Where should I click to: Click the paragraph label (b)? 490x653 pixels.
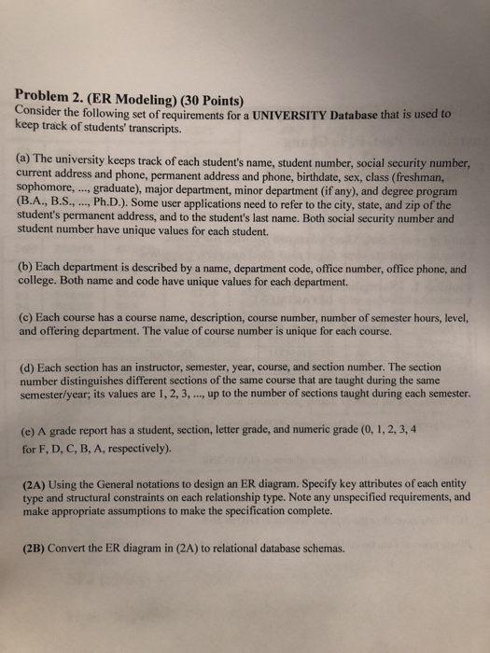tap(27, 265)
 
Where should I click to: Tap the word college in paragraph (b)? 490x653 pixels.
tap(41, 279)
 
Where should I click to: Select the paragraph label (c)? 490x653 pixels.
tap(27, 315)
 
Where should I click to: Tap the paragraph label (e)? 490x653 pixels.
tap(28, 430)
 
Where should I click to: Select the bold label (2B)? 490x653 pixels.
tap(36, 548)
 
